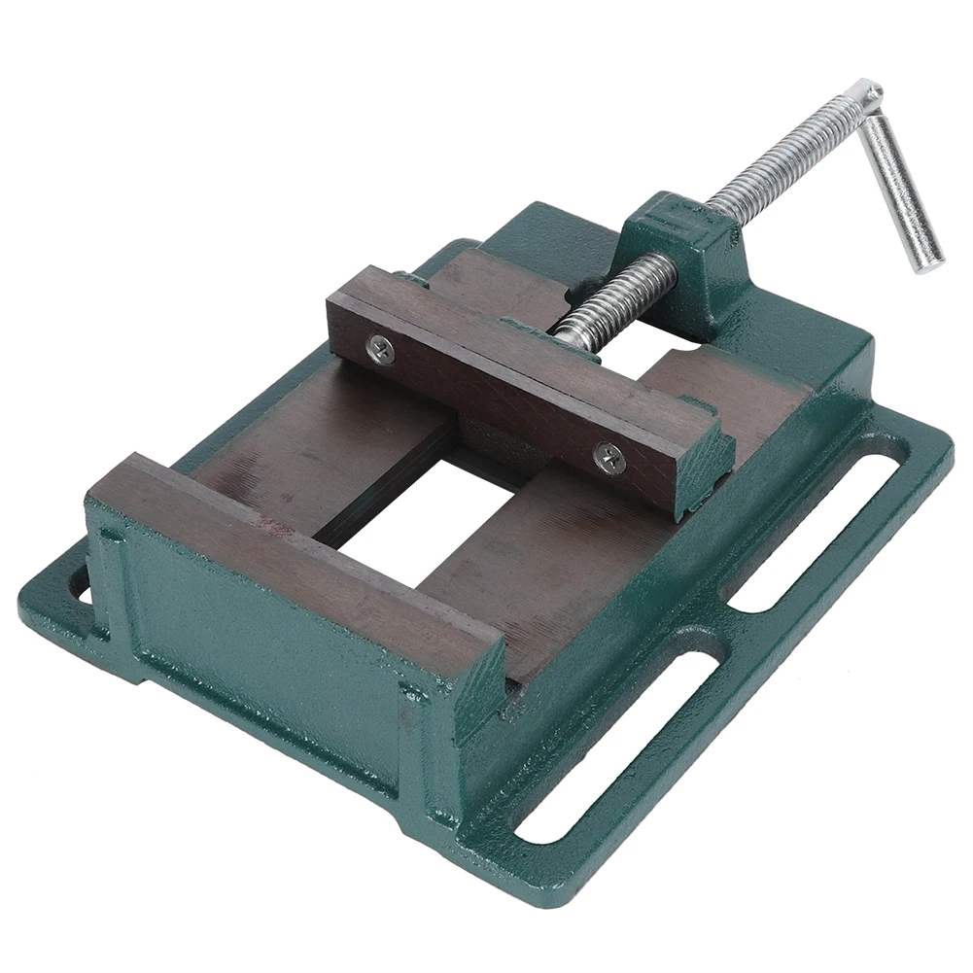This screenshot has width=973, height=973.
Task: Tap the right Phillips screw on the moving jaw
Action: point(609,454)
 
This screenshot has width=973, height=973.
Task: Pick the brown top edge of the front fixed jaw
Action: point(292,544)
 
